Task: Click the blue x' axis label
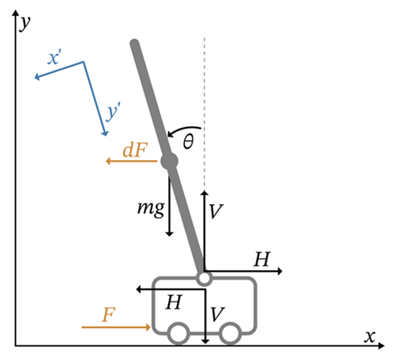point(55,57)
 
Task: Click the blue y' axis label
point(113,112)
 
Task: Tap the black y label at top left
point(25,22)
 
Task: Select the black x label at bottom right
point(370,337)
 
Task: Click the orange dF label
point(135,149)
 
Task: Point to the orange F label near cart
point(109,314)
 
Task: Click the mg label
point(151,209)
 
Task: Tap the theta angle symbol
point(188,141)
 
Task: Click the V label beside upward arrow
point(216,211)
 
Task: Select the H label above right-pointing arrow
point(261,260)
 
